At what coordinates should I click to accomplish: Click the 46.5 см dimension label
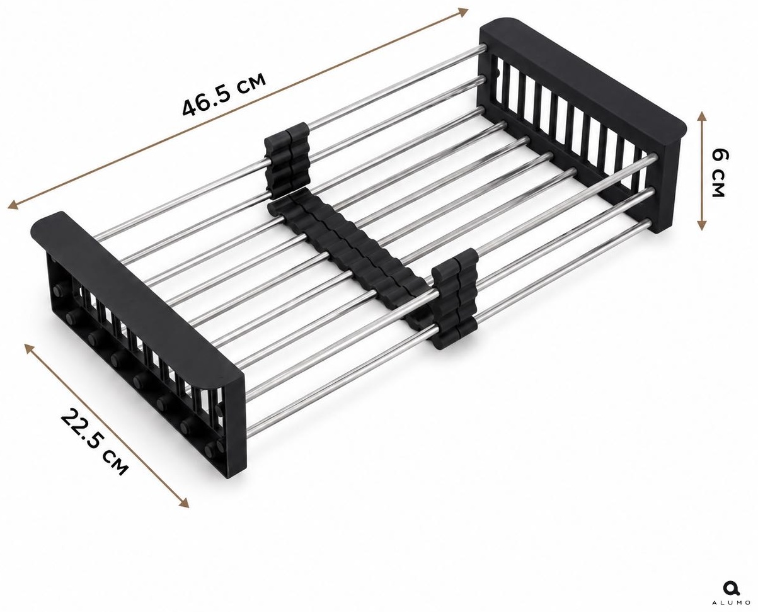224,94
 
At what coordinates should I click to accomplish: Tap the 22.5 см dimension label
94,442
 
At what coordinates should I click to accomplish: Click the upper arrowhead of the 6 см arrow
701,116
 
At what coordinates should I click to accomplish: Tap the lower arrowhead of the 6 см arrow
701,225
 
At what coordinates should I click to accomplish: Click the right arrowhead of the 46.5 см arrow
462,12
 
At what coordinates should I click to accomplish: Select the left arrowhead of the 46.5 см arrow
13,205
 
